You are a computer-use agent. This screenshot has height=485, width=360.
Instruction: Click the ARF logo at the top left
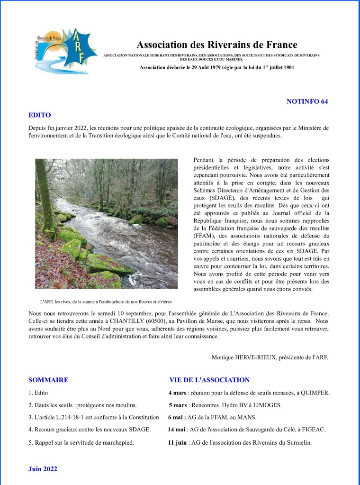tap(66, 50)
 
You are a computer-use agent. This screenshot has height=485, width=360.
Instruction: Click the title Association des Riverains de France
tap(217, 45)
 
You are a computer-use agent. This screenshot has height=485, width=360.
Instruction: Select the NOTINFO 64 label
tap(307, 101)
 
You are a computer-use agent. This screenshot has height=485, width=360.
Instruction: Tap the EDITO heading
tap(40, 115)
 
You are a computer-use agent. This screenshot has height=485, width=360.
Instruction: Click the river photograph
tap(107, 223)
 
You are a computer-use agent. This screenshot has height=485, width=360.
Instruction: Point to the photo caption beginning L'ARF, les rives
tap(106, 301)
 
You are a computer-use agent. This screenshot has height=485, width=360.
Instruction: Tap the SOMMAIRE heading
tap(48, 380)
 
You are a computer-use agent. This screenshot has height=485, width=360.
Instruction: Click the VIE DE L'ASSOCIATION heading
tap(209, 380)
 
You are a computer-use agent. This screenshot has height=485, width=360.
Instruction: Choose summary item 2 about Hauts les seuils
tap(82, 405)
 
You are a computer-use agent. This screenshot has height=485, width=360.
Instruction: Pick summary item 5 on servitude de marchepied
tap(81, 442)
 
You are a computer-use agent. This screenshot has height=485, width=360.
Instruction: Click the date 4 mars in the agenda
tap(177, 393)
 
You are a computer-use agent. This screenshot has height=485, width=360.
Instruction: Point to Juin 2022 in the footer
tap(43, 469)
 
